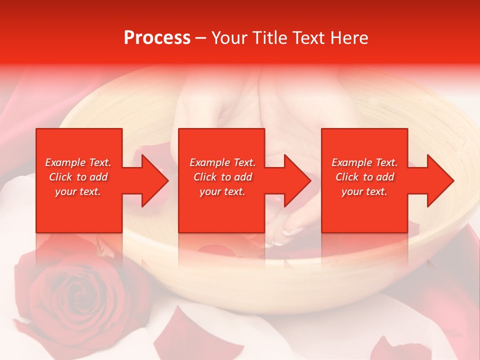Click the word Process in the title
[x=157, y=38]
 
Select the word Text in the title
[x=310, y=38]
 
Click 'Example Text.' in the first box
[x=78, y=162]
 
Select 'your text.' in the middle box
[x=222, y=191]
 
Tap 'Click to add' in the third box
[x=364, y=177]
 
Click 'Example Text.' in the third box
[x=364, y=162]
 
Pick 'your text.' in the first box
[x=78, y=191]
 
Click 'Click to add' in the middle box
[x=222, y=177]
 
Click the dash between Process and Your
[x=201, y=38]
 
